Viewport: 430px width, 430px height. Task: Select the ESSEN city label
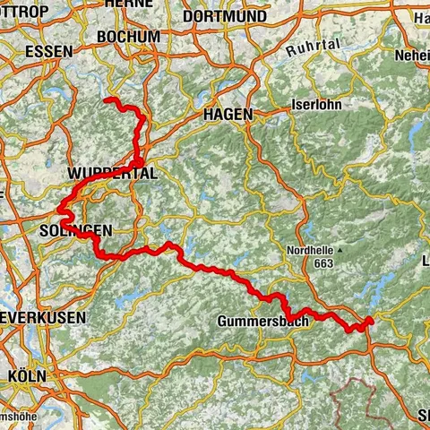(49, 51)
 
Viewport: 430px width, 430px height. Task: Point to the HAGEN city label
(228, 115)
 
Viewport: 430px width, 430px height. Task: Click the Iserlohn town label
(318, 104)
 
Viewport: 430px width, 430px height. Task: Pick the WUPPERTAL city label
(112, 174)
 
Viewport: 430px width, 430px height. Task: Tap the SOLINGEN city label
(76, 230)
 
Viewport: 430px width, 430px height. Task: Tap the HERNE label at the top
(129, 4)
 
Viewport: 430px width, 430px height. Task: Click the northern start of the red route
(107, 99)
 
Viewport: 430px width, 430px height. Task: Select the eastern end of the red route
(371, 319)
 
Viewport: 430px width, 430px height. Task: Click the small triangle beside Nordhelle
(340, 250)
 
